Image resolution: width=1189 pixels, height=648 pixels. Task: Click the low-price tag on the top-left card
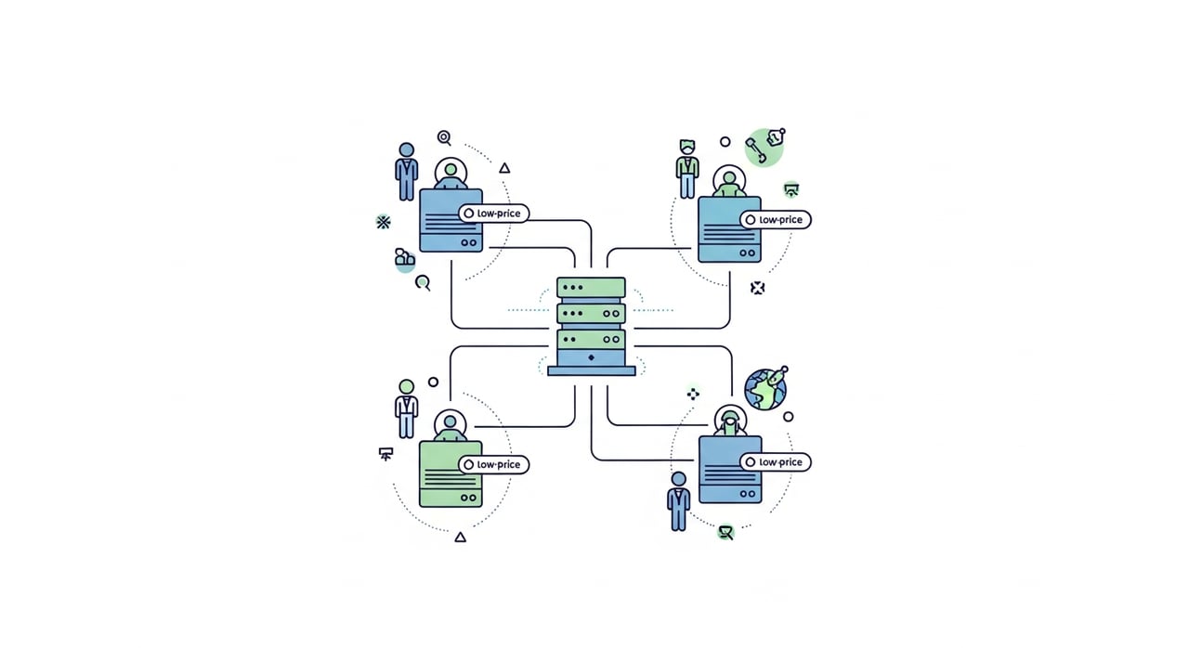pos(493,214)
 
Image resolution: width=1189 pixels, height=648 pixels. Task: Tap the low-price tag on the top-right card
pos(776,219)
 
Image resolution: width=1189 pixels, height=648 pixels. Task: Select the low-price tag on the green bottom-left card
pos(493,464)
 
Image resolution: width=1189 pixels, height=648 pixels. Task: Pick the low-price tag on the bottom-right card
pos(776,462)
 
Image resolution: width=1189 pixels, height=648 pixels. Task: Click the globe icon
pos(764,390)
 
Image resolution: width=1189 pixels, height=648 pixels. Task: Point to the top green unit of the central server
pos(591,288)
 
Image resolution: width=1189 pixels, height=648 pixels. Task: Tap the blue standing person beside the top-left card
pos(407,171)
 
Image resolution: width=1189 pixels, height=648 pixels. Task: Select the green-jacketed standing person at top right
pos(687,169)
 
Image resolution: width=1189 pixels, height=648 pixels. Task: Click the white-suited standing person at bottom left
pos(407,408)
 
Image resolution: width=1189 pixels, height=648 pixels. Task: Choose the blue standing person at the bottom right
pos(679,501)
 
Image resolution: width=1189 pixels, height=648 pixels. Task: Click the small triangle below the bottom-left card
pos(460,538)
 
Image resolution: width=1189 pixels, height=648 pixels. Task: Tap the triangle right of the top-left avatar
pos(504,168)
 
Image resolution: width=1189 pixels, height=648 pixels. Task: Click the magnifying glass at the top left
pos(444,138)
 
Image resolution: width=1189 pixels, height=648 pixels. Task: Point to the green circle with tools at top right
pos(764,148)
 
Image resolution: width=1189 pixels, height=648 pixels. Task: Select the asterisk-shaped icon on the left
pos(384,222)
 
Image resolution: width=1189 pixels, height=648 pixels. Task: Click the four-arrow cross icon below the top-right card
pos(757,288)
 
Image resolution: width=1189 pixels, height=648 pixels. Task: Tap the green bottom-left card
pos(451,474)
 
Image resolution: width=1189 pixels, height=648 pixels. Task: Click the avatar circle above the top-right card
pos(729,181)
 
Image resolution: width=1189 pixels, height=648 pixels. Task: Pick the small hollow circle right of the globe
pos(789,417)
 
